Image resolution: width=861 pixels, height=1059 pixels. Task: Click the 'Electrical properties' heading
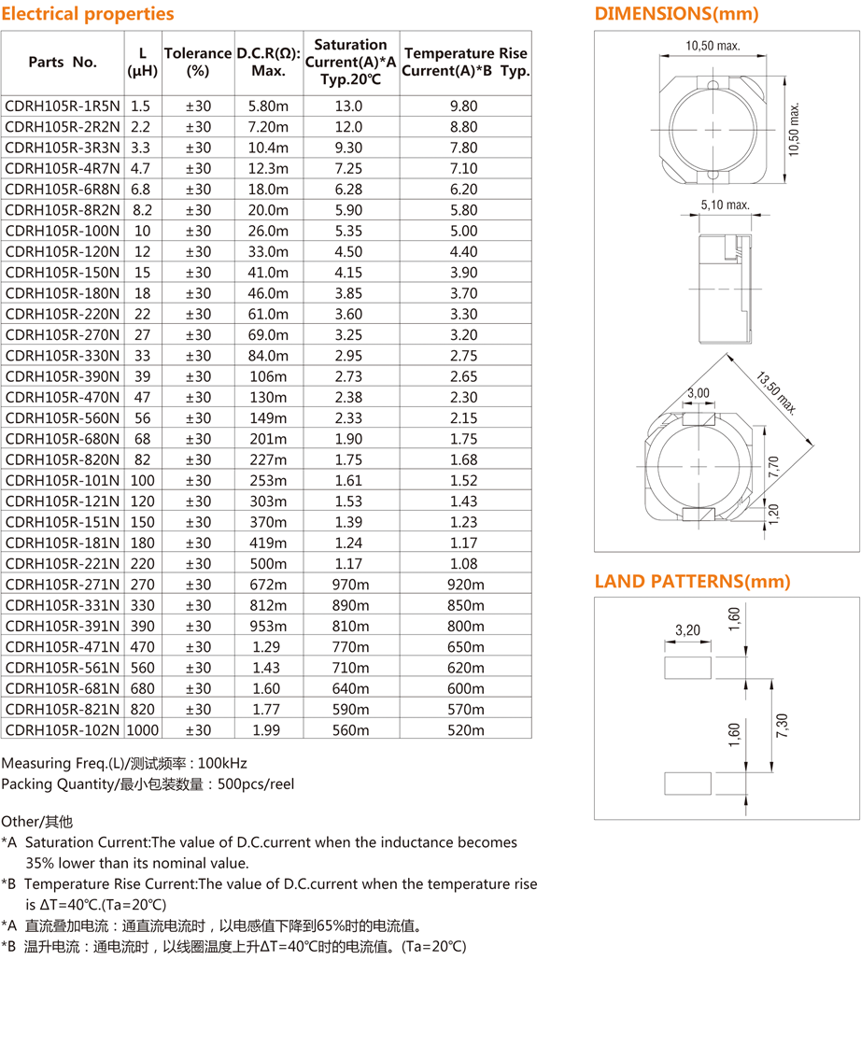[x=88, y=14]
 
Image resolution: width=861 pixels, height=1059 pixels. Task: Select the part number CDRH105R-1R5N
[x=63, y=106]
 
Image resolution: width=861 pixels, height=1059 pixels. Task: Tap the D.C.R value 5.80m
[x=268, y=106]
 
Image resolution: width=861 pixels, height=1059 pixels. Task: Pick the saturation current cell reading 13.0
[x=349, y=106]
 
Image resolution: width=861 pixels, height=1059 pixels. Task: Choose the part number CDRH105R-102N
[x=63, y=730]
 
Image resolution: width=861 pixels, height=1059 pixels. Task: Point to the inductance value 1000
[x=142, y=730]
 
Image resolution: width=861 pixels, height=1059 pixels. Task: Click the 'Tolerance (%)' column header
[x=197, y=62]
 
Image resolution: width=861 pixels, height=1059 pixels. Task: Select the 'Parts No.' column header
[x=63, y=63]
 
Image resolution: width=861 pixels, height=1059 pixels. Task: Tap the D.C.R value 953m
[x=268, y=626]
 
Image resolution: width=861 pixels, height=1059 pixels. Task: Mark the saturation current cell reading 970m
[x=349, y=585]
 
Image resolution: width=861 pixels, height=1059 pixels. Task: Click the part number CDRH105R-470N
[x=63, y=397]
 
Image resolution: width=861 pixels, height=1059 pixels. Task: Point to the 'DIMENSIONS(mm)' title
[x=677, y=14]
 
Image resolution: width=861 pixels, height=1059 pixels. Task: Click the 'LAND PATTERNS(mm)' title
[x=693, y=582]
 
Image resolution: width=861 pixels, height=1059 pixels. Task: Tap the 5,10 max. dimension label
[x=725, y=205]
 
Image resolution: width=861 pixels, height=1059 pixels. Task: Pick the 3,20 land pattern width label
[x=687, y=630]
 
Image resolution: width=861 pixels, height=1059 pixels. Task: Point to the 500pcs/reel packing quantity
[x=255, y=784]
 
